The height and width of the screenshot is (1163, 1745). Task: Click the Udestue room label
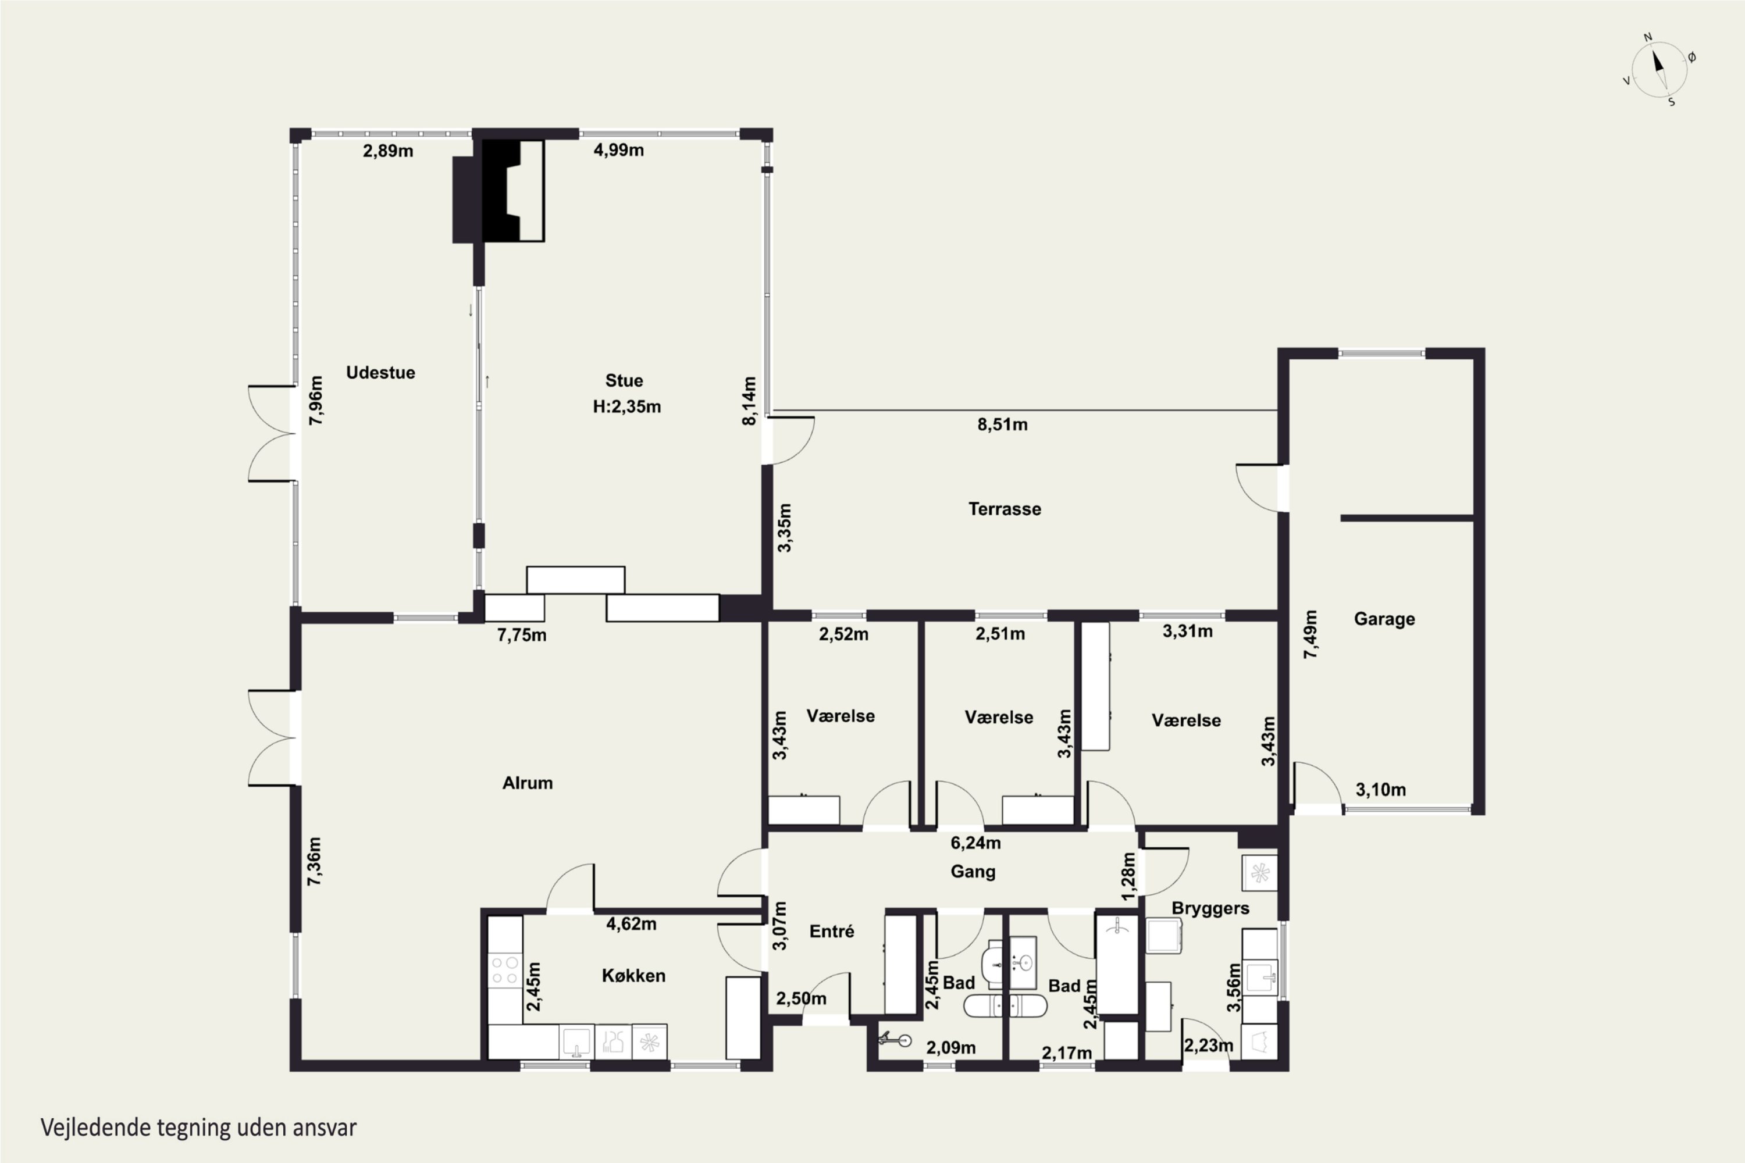coord(380,372)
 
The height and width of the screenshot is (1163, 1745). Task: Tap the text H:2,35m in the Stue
coord(627,406)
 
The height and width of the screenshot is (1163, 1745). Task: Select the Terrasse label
coord(1005,509)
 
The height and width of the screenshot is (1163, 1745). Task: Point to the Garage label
coord(1384,619)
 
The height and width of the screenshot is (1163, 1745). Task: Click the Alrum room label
coord(528,783)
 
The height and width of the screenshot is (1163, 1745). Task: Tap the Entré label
coord(832,931)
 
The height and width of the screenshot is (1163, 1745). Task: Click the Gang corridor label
coord(973,872)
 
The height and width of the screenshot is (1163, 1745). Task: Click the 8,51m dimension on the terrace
coord(1002,424)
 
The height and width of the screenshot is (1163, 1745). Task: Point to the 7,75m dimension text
coord(522,635)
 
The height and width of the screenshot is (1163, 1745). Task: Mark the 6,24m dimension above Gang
coord(975,843)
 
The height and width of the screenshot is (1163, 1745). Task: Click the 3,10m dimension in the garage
coord(1381,790)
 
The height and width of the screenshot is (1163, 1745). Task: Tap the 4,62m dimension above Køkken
coord(631,923)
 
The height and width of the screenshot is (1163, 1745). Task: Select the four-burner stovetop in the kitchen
coord(505,970)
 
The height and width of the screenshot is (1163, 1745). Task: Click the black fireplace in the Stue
coord(498,191)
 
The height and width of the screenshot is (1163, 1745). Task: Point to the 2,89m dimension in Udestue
coord(388,151)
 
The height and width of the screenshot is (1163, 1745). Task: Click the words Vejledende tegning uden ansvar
coord(199,1128)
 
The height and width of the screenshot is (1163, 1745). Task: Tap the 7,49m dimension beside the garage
coord(1311,634)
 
